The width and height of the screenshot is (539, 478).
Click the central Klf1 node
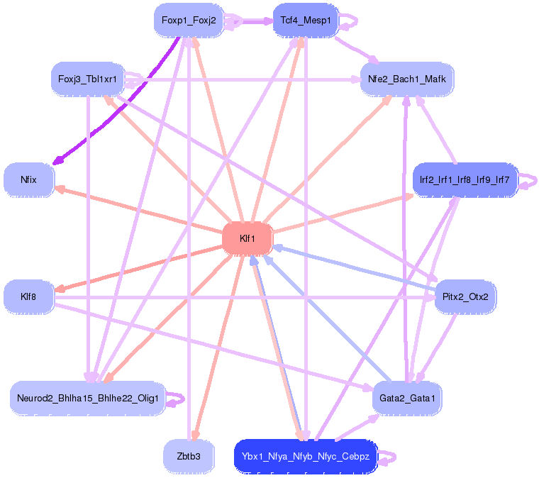(248, 239)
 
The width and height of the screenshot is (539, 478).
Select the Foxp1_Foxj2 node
(188, 21)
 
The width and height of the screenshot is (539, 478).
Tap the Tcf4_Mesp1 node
(306, 21)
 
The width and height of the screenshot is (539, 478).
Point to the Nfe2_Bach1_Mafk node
(407, 79)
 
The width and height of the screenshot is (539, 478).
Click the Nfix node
(28, 180)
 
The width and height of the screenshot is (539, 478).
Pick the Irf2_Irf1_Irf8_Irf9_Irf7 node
(465, 180)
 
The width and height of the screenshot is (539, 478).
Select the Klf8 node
(28, 296)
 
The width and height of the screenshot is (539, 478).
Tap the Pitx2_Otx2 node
(465, 296)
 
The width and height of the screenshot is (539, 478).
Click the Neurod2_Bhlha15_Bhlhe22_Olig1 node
(88, 398)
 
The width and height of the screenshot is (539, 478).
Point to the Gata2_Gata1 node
(407, 398)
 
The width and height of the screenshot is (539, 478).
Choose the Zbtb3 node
(188, 456)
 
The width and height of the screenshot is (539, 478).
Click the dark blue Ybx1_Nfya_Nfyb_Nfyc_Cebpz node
(306, 456)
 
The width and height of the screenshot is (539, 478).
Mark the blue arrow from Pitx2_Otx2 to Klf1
(355, 267)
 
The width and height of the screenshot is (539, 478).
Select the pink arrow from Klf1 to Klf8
(142, 266)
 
